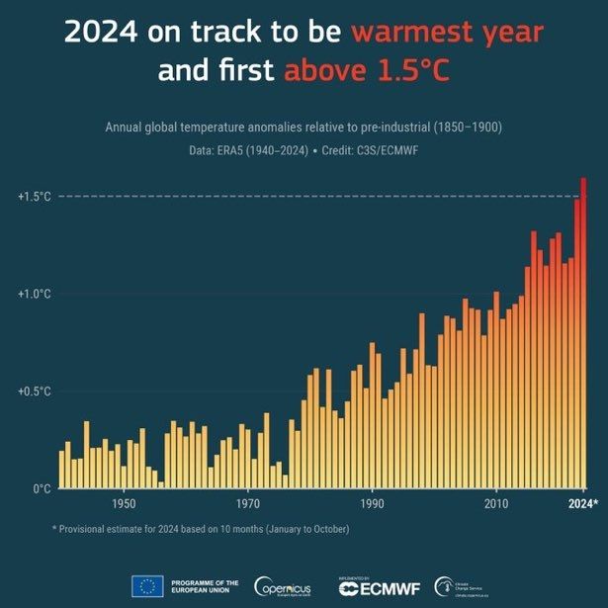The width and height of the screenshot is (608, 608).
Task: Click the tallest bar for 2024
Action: (x=584, y=336)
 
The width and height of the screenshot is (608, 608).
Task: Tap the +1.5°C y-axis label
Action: (x=34, y=197)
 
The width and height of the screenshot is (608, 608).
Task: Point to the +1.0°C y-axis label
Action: (x=34, y=294)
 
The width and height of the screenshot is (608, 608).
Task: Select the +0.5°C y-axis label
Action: (x=34, y=391)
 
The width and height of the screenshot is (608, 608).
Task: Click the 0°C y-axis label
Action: (x=40, y=488)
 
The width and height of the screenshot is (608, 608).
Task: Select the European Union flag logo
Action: (x=146, y=586)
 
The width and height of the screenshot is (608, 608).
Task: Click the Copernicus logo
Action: (x=285, y=587)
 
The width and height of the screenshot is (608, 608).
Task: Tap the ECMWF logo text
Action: (x=380, y=589)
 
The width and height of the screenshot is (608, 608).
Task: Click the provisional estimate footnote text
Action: (x=201, y=529)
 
